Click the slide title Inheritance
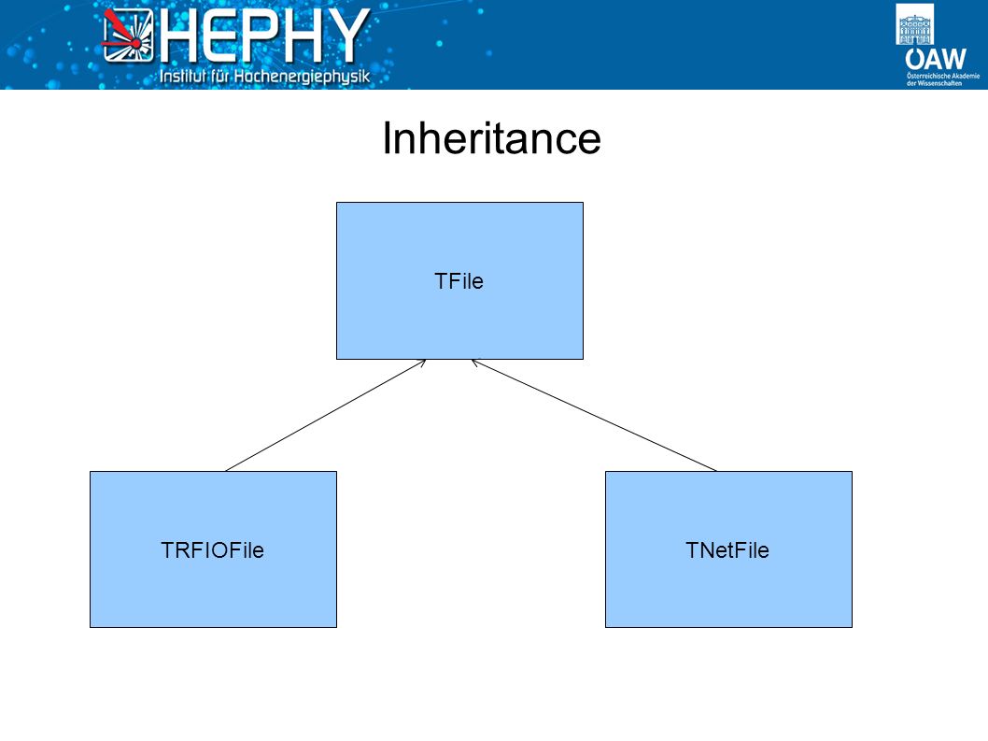click(x=491, y=137)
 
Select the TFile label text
click(x=459, y=281)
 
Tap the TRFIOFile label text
click(x=212, y=550)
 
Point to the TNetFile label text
click(x=727, y=550)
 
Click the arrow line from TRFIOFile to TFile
click(x=326, y=416)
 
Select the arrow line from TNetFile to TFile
click(x=594, y=416)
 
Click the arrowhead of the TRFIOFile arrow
click(x=422, y=362)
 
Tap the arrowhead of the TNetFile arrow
click(x=475, y=362)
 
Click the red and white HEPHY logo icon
click(x=128, y=36)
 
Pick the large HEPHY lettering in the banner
click(x=264, y=36)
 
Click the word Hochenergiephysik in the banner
click(x=302, y=77)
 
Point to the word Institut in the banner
click(x=183, y=77)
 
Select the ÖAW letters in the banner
click(x=936, y=59)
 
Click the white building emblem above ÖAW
click(x=915, y=24)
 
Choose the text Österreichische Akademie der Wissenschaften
click(x=943, y=79)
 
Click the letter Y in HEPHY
click(x=349, y=36)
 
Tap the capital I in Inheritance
click(x=387, y=137)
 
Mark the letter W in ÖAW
click(x=953, y=59)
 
